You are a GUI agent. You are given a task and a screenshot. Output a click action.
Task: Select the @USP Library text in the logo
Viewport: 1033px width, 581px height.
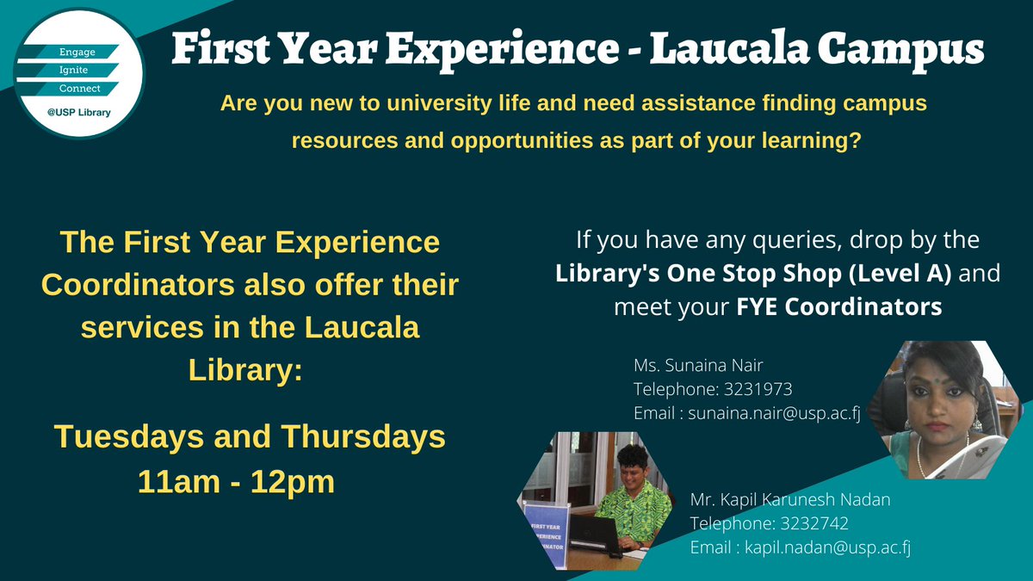tap(80, 113)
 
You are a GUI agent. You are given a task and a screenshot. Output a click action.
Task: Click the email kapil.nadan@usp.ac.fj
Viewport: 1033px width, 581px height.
tap(827, 547)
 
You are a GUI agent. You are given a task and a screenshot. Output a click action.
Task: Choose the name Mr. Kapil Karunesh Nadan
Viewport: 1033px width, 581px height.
tap(790, 499)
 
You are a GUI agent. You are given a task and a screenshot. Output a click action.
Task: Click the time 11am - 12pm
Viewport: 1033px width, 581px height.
tap(236, 481)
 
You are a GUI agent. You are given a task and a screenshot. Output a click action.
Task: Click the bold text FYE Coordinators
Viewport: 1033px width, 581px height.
tap(839, 306)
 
